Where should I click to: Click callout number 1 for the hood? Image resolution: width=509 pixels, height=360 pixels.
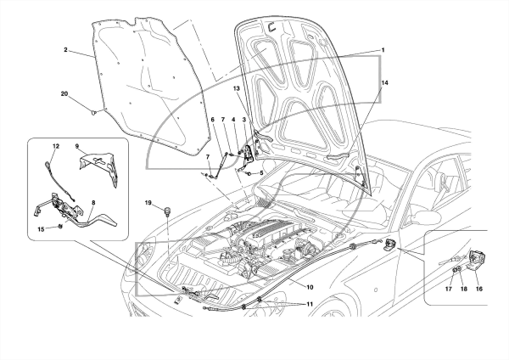tap(383, 50)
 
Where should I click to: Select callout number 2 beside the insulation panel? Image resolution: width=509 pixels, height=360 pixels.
tap(65, 50)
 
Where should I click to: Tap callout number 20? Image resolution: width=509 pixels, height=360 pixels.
tap(64, 94)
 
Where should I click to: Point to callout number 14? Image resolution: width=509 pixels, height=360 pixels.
tap(384, 83)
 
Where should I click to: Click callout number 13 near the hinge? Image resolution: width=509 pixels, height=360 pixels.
tap(236, 88)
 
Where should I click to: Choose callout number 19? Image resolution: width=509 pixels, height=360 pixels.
tap(148, 203)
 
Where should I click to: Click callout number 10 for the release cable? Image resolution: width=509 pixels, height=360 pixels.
tap(310, 287)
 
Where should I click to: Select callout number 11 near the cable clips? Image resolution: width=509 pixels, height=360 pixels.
tap(310, 304)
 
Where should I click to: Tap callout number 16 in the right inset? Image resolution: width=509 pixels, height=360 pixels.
tap(479, 289)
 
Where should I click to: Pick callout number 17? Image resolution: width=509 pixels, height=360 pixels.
tap(449, 289)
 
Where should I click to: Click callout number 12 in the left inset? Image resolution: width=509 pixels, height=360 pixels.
tap(56, 146)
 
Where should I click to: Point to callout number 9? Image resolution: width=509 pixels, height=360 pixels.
tap(77, 146)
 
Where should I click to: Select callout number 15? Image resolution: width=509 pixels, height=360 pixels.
tap(41, 229)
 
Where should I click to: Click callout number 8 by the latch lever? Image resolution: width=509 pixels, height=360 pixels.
tap(93, 203)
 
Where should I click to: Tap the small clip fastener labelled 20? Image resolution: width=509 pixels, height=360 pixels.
tap(94, 113)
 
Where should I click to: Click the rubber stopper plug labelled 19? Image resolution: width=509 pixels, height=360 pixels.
tap(167, 211)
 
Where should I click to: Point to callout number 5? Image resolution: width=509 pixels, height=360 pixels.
tap(261, 173)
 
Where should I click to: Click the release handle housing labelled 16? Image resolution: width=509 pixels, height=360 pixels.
tap(477, 258)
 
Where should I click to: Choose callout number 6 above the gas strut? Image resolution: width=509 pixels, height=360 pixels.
tap(213, 120)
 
